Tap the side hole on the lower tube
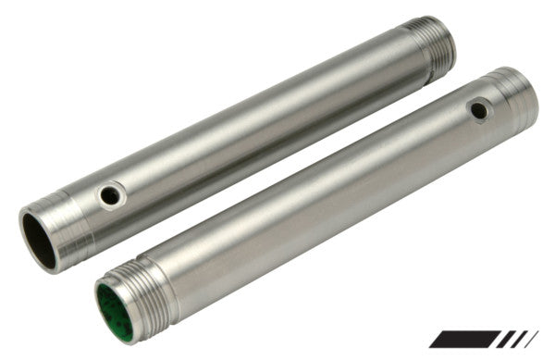[x=478, y=111]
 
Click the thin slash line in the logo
[x=531, y=339]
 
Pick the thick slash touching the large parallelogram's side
[x=505, y=339]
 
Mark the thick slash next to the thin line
[x=518, y=339]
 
